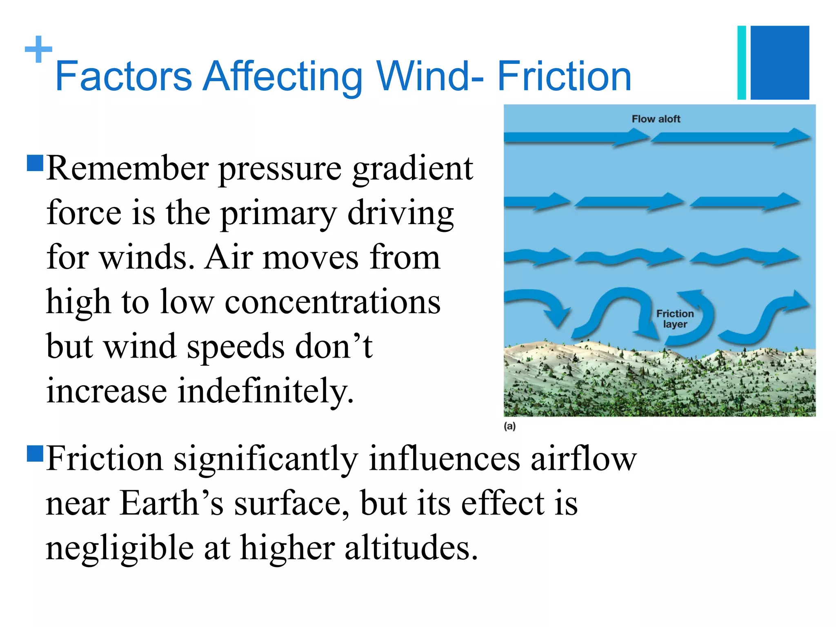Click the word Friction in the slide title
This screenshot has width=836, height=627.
(564, 76)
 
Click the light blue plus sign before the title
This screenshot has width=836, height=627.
(38, 49)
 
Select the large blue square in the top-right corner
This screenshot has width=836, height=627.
(780, 62)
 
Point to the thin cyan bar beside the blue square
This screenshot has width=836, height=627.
(742, 62)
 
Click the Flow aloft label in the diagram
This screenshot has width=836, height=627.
(656, 119)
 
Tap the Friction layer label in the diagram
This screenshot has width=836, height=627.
(675, 319)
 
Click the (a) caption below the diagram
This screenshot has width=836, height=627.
(510, 426)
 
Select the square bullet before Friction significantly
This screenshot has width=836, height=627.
(35, 453)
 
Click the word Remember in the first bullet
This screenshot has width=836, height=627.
(128, 168)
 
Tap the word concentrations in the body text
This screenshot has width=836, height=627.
(333, 302)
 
